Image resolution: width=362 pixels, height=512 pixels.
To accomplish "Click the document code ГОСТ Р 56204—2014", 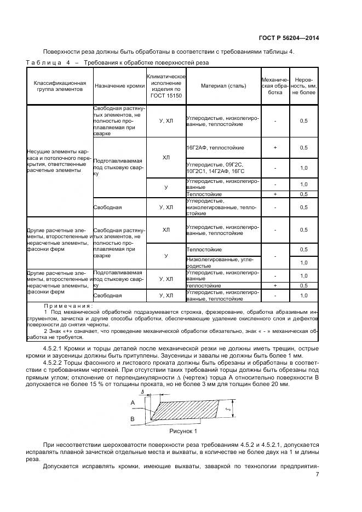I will pyautogui.click(x=289, y=38).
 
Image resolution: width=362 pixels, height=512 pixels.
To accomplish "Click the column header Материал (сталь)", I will pyautogui.click(x=223, y=86).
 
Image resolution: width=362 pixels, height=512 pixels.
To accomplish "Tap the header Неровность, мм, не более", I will pyautogui.click(x=303, y=86).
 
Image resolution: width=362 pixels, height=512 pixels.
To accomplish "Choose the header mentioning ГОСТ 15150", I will pyautogui.click(x=166, y=86).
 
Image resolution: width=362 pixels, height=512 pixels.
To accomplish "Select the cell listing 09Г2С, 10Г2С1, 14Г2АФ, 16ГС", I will pyautogui.click(x=215, y=168).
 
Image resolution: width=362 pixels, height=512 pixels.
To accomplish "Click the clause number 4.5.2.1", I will pyautogui.click(x=55, y=349).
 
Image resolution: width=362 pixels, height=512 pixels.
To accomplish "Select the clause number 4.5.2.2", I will pyautogui.click(x=55, y=363).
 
